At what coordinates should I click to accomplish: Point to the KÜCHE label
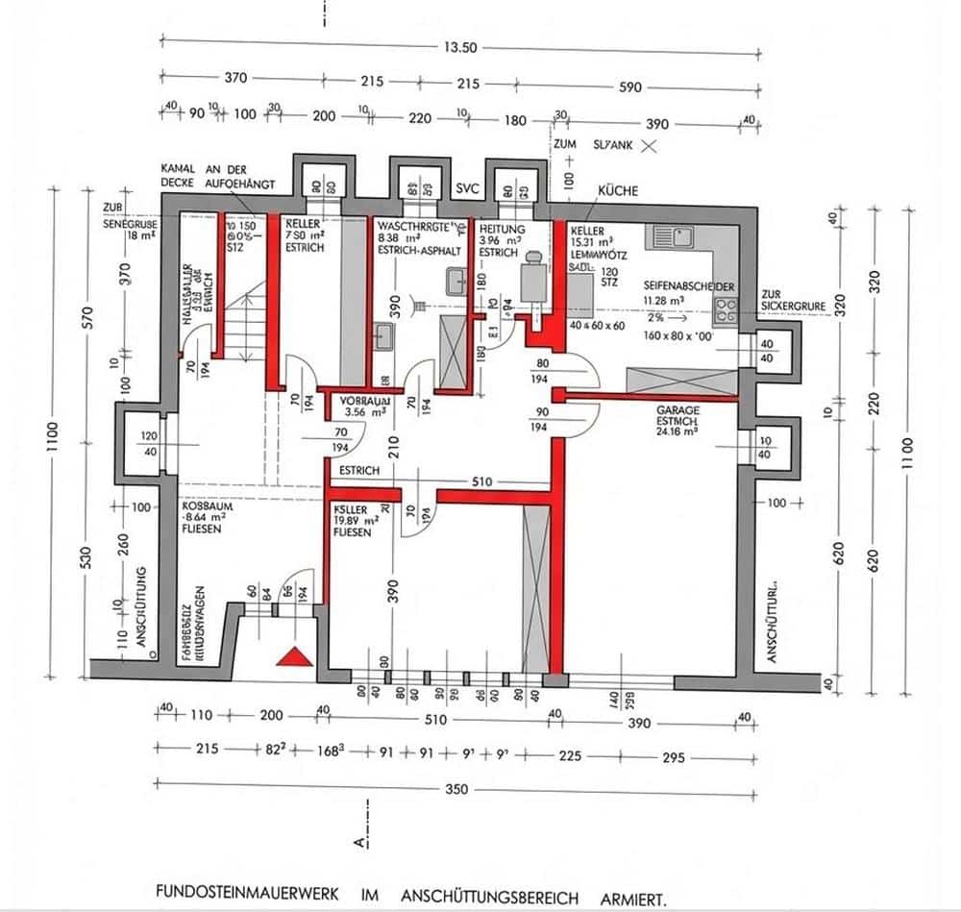[x=618, y=191]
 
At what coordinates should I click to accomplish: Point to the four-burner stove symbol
[x=726, y=309]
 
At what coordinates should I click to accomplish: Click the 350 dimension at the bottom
[x=456, y=789]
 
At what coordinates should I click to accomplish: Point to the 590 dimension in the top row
[x=630, y=86]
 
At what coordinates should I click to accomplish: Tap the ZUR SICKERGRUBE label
[x=792, y=301]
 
